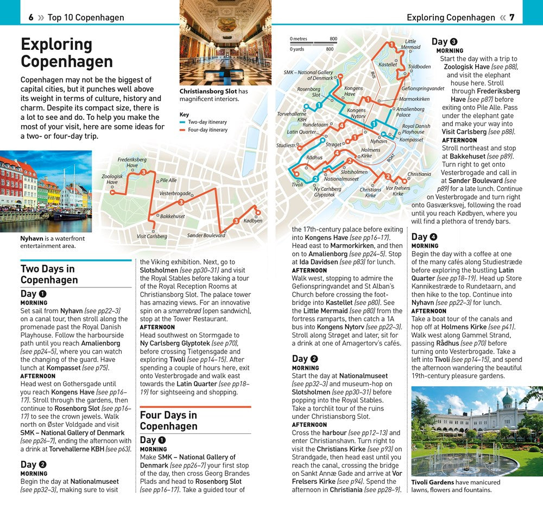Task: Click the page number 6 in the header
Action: click(31, 17)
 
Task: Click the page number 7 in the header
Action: click(512, 17)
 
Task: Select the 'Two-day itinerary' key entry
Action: click(207, 123)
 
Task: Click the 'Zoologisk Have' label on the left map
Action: click(112, 180)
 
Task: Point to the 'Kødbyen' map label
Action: click(252, 221)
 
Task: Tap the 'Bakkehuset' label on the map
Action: click(173, 216)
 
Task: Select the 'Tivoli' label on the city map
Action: click(297, 184)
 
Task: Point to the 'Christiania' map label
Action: click(419, 174)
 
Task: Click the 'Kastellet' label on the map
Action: click(388, 65)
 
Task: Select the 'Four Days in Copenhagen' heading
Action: click(168, 420)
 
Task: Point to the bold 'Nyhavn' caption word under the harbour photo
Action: click(32, 239)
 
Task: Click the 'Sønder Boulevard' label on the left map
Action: click(206, 235)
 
